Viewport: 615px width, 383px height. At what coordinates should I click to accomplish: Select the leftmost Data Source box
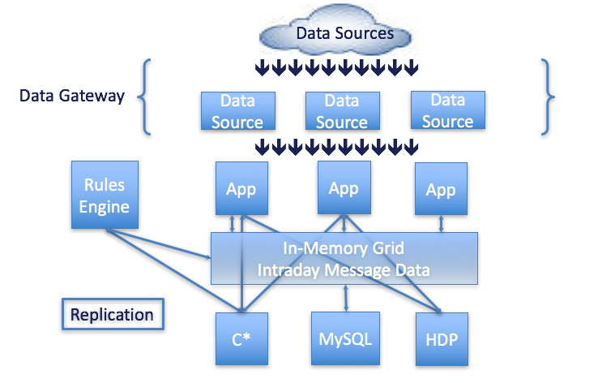pyautogui.click(x=237, y=111)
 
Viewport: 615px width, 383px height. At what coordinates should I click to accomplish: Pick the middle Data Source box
pyautogui.click(x=342, y=111)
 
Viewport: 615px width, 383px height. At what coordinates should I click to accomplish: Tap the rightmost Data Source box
pyautogui.click(x=447, y=111)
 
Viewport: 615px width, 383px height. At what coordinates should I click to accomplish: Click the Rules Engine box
pyautogui.click(x=105, y=195)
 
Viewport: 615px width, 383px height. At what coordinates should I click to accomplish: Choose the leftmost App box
pyautogui.click(x=241, y=189)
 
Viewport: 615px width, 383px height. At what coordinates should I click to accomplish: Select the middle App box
pyautogui.click(x=344, y=188)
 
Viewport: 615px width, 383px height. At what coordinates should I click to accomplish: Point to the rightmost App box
pyautogui.click(x=441, y=191)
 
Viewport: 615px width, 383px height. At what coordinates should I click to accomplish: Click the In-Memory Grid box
pyautogui.click(x=344, y=258)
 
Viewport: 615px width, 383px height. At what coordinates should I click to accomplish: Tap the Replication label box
pyautogui.click(x=112, y=315)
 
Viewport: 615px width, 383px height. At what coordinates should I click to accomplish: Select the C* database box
pyautogui.click(x=241, y=338)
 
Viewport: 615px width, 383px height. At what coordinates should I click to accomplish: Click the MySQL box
pyautogui.click(x=346, y=338)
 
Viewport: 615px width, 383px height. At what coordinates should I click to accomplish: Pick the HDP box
pyautogui.click(x=441, y=338)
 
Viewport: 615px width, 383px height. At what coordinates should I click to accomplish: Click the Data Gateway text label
pyautogui.click(x=72, y=97)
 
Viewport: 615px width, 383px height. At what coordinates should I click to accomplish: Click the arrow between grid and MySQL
pyautogui.click(x=347, y=298)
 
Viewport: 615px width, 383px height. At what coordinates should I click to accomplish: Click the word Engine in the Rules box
pyautogui.click(x=105, y=206)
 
